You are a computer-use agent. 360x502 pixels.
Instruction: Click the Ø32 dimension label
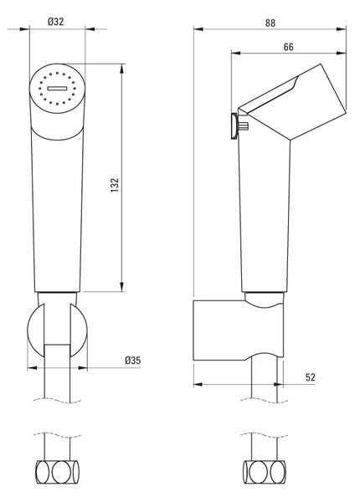[x=56, y=22]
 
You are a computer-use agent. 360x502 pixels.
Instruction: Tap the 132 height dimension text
[x=115, y=185]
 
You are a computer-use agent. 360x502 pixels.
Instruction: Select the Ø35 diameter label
[x=132, y=361]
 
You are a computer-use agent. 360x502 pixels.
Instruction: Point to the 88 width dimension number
[x=270, y=23]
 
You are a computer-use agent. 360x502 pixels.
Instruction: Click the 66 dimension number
[x=288, y=47]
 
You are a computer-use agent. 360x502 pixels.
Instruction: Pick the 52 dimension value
[x=311, y=377]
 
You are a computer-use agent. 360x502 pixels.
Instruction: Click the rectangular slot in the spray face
[x=57, y=89]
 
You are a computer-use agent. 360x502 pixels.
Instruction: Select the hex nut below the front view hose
[x=57, y=472]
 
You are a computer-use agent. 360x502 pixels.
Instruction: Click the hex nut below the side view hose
[x=265, y=472]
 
